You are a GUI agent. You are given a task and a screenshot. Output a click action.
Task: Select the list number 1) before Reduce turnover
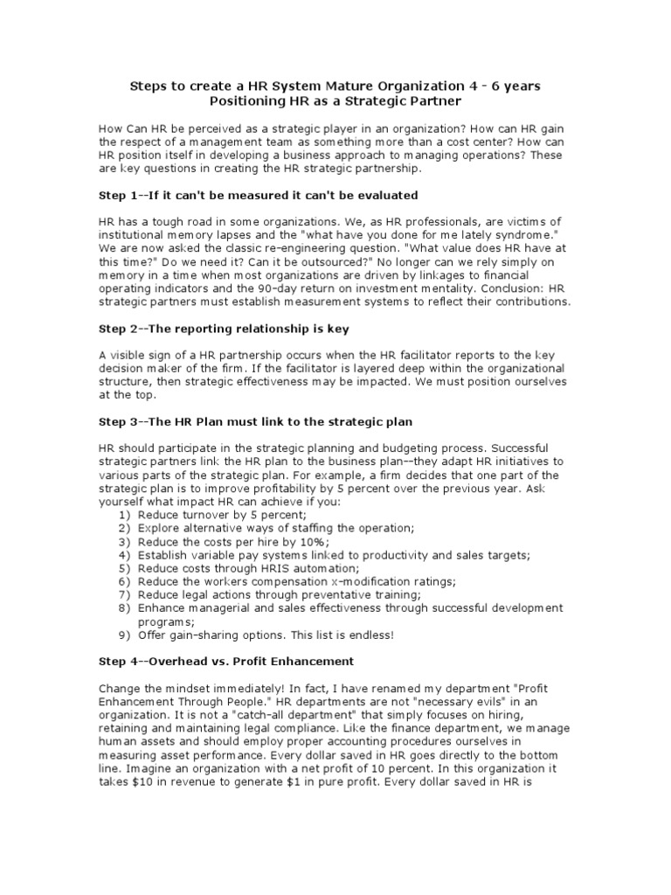pos(123,517)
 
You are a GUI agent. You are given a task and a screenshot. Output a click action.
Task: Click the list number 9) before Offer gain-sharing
pos(123,635)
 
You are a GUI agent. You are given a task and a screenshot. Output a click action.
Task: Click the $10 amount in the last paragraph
pos(149,782)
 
